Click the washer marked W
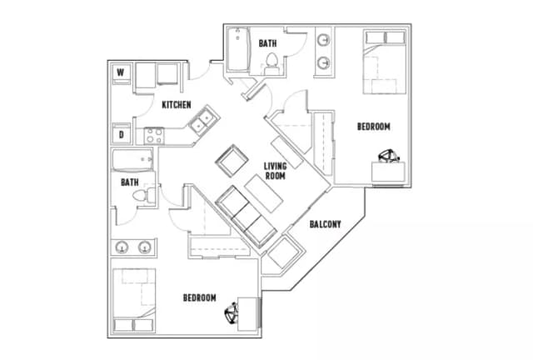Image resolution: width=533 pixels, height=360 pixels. point(121,73)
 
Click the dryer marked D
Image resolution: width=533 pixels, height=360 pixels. point(121,133)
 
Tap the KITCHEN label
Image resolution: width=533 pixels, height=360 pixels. point(176,104)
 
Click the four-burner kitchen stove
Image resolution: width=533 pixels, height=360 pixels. point(153,136)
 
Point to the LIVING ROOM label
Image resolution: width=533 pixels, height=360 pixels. point(276,171)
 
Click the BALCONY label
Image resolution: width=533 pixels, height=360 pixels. point(325,224)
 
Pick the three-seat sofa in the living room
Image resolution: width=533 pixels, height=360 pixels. point(246,216)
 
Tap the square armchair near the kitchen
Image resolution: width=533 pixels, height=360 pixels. point(232,161)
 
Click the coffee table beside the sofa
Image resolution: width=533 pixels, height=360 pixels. point(264,193)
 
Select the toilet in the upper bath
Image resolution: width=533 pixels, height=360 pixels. point(271,64)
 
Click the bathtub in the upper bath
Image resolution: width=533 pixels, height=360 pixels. point(238,50)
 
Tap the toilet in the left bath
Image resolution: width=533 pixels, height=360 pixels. point(144,196)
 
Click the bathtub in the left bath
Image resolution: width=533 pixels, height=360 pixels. point(132,160)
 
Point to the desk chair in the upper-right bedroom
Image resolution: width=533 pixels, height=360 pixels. point(389,156)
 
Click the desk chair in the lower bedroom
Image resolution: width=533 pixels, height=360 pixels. point(232,312)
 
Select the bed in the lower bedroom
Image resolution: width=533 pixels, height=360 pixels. point(134,300)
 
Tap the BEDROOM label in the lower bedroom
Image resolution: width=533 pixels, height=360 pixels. point(200,297)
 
